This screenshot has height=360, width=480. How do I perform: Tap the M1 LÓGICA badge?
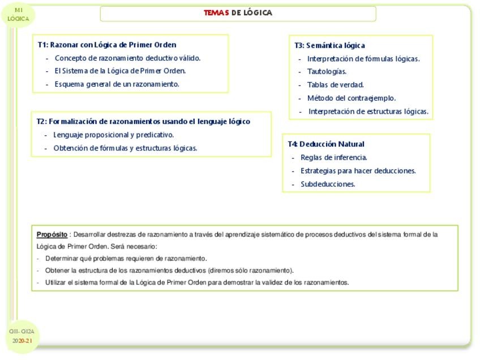click(x=19, y=15)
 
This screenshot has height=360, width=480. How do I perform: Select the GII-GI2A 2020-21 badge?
click(x=22, y=336)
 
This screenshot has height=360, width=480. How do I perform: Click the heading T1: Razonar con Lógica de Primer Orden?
click(x=107, y=45)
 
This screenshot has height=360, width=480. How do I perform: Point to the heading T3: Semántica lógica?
click(x=329, y=45)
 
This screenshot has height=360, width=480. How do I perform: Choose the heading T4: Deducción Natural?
click(x=326, y=144)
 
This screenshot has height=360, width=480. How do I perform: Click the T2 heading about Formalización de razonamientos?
click(x=143, y=122)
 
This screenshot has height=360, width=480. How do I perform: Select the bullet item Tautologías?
click(x=327, y=72)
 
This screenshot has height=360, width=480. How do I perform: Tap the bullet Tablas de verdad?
click(x=335, y=85)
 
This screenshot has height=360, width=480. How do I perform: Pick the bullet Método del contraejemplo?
click(x=352, y=98)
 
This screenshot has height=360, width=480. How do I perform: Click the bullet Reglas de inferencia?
click(x=333, y=158)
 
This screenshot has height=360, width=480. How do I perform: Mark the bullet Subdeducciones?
click(x=328, y=184)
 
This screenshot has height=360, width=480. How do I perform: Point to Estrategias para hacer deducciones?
click(x=358, y=171)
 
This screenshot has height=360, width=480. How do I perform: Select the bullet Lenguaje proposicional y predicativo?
click(x=113, y=135)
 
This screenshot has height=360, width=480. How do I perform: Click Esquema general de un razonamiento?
click(x=117, y=84)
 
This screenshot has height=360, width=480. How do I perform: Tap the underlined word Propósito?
click(x=52, y=234)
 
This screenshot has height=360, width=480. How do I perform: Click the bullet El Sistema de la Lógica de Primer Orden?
click(x=120, y=71)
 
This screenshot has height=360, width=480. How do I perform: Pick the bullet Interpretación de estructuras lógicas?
click(x=368, y=112)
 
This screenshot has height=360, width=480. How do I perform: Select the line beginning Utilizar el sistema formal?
click(x=197, y=282)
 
